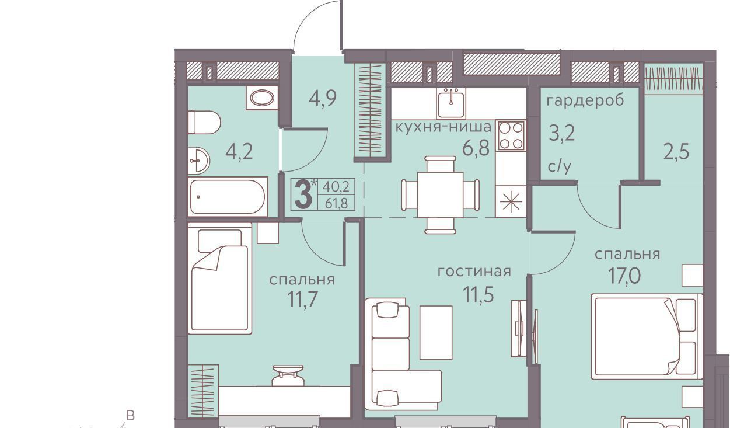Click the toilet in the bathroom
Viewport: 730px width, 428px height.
(x=204, y=123)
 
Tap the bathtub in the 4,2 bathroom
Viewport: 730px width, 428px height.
(x=228, y=197)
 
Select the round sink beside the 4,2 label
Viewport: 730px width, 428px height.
(x=199, y=160)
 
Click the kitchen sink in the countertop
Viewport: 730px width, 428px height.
(x=451, y=103)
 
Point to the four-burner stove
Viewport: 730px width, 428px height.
(x=511, y=135)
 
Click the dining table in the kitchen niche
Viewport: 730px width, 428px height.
(x=441, y=195)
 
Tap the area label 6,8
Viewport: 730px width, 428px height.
(x=476, y=148)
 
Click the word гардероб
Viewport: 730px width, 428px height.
(x=585, y=100)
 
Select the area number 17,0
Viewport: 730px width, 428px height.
(x=624, y=276)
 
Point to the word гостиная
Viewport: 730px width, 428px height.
(x=474, y=272)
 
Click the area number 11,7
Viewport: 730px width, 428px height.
(x=302, y=299)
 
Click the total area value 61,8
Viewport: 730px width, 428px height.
(x=336, y=204)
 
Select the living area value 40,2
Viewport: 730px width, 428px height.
(x=336, y=187)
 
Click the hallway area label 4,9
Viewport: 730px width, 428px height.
(x=323, y=99)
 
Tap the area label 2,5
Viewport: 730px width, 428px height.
(x=676, y=152)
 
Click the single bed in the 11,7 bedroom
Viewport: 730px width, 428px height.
(x=220, y=279)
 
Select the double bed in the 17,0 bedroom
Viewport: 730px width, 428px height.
(x=647, y=336)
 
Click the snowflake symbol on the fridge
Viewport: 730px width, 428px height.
(x=511, y=201)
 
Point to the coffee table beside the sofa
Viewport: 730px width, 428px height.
(x=436, y=332)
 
